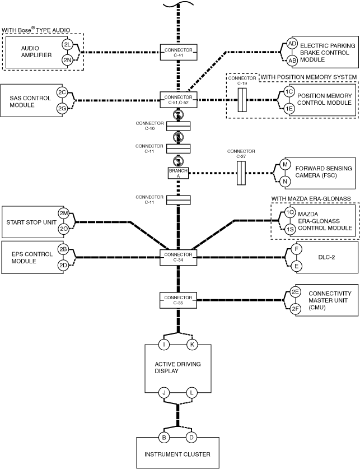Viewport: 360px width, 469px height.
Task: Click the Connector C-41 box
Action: (179, 52)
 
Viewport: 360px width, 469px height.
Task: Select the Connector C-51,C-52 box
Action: (179, 100)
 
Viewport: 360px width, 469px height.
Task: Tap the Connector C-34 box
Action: (179, 257)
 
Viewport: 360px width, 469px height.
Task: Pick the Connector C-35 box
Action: (179, 300)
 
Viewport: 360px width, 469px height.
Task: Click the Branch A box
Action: (179, 173)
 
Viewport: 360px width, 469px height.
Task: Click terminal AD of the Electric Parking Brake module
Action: (292, 44)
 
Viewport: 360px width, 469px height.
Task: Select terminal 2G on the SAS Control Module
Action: (62, 108)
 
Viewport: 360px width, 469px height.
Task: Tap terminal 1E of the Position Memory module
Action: (289, 108)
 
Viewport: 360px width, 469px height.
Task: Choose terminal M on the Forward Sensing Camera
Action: (285, 164)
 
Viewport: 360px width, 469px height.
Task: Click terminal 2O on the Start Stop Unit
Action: (64, 229)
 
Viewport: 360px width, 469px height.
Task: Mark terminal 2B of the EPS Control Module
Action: (63, 249)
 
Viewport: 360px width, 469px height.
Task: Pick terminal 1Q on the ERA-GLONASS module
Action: (289, 212)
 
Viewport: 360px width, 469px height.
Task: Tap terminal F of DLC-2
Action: (296, 249)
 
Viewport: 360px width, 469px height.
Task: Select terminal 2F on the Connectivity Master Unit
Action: (295, 309)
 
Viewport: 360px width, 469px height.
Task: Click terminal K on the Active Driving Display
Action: (192, 345)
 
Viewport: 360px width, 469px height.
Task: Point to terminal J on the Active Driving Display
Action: (163, 392)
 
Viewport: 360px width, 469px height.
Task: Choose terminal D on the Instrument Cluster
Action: (191, 437)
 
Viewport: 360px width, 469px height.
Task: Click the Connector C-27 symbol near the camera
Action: (241, 173)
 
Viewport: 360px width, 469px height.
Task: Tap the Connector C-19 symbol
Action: (242, 100)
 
